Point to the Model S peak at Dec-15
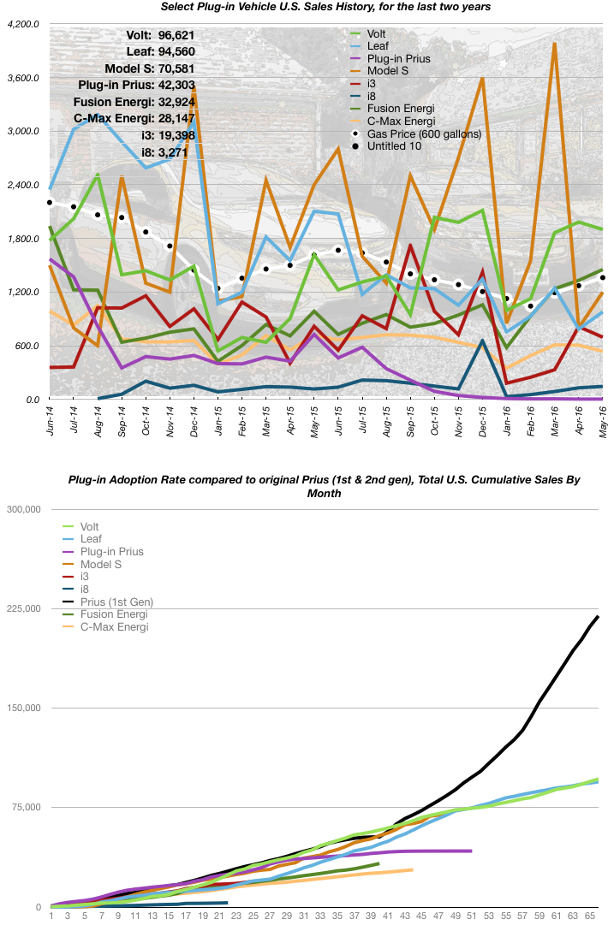[x=483, y=78]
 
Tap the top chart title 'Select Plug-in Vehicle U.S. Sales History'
[x=326, y=8]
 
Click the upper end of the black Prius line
[x=598, y=616]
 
